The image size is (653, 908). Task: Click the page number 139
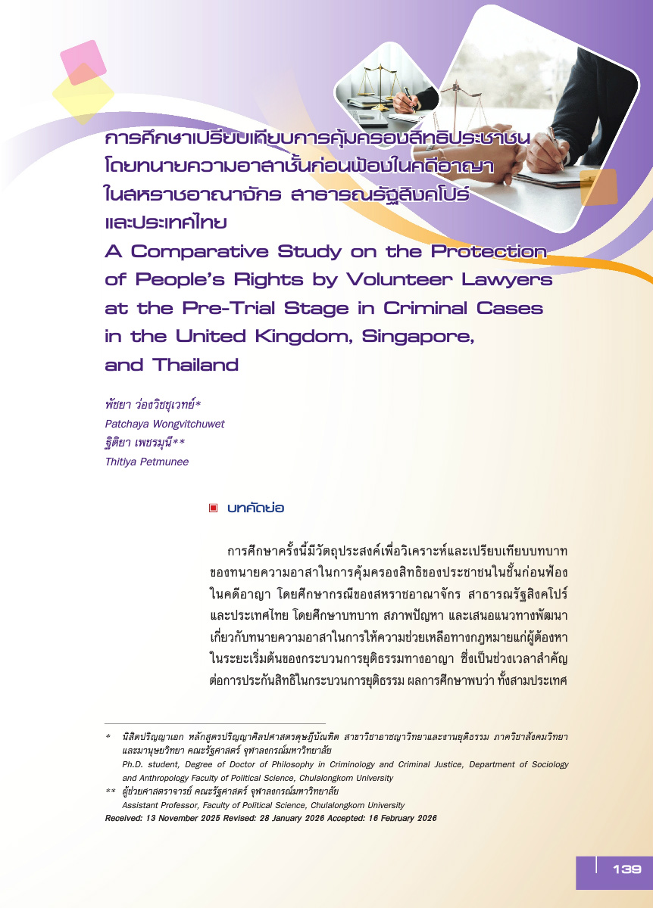tap(626, 869)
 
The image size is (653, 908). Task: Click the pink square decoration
tap(81, 62)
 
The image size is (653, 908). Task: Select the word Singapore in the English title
tap(410, 336)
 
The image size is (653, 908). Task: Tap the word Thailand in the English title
tap(195, 365)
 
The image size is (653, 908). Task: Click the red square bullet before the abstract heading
tap(214, 508)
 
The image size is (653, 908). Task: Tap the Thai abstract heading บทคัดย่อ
tap(255, 508)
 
